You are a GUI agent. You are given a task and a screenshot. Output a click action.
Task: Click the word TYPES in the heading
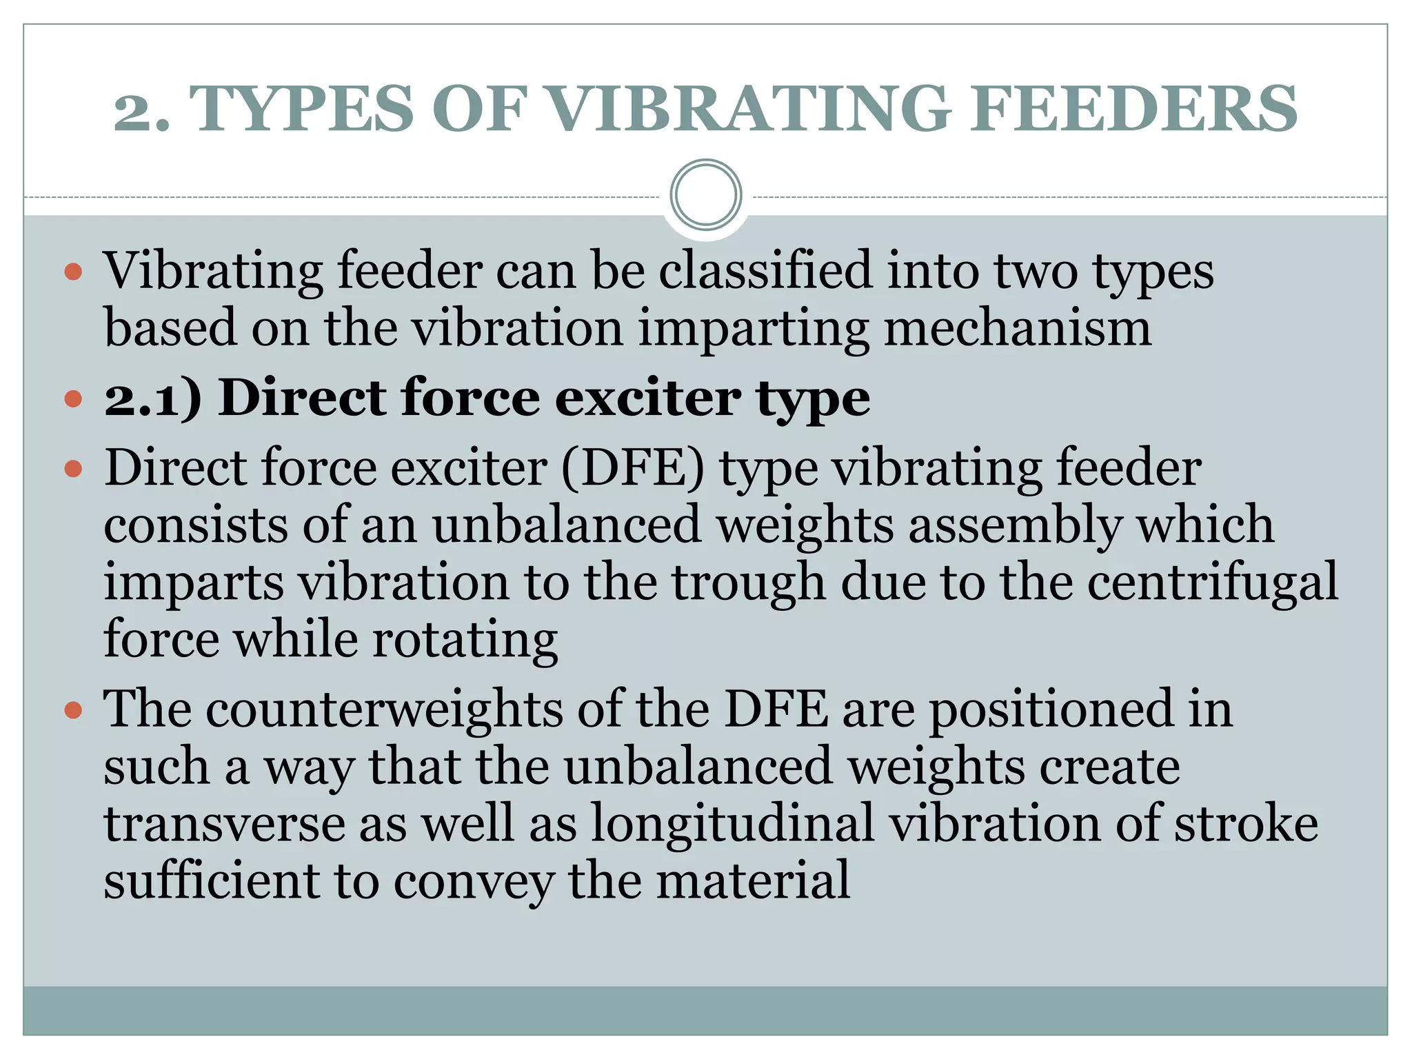(301, 109)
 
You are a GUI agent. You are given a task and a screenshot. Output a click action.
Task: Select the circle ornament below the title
(705, 195)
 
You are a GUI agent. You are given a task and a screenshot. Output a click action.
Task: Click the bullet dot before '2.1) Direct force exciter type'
(73, 399)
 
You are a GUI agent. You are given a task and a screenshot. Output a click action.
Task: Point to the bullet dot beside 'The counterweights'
(73, 710)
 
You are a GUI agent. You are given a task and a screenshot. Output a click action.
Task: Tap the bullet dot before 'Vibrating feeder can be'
(73, 271)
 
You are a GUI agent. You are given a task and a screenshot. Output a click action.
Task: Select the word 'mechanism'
(1017, 328)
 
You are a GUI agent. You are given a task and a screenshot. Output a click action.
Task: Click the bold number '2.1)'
(153, 399)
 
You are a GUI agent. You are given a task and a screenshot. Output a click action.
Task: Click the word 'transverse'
(224, 825)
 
